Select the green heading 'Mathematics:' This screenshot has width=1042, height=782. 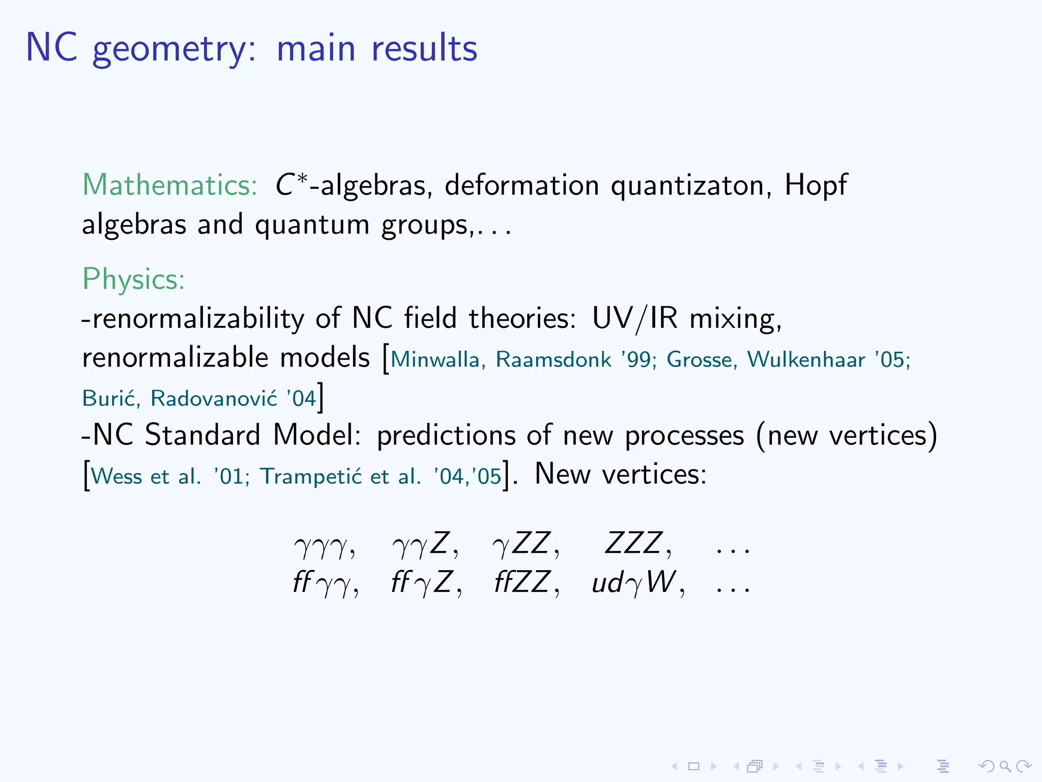tap(170, 185)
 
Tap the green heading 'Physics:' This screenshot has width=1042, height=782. tap(133, 279)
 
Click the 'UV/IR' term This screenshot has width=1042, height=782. tap(634, 319)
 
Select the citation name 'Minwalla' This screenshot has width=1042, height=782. tap(436, 359)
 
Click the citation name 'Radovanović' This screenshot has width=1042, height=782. tap(214, 398)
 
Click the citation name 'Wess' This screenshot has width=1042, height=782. tap(117, 477)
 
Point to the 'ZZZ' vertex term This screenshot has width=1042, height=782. tap(634, 543)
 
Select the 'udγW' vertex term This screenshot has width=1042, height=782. tap(634, 582)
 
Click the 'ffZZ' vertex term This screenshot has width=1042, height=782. tap(523, 582)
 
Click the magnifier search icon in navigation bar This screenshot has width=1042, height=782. tap(1005, 766)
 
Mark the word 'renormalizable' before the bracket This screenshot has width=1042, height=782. tap(175, 358)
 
